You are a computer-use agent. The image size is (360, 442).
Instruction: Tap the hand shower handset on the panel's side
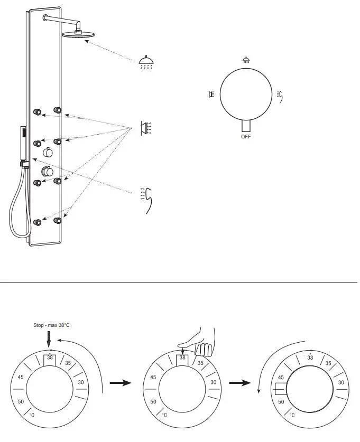23,144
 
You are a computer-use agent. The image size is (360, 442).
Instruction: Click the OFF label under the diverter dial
246,136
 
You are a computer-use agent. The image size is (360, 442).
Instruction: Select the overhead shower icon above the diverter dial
246,60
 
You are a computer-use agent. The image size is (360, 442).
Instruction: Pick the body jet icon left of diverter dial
211,95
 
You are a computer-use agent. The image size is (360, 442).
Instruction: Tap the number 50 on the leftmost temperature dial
21,402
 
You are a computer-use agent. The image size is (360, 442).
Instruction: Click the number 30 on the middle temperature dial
213,382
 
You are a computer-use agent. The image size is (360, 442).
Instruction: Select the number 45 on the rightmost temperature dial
281,378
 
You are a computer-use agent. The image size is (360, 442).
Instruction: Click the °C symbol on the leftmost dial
32,415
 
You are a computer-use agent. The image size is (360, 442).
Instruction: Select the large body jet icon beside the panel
146,128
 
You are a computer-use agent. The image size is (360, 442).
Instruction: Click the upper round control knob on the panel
48,152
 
